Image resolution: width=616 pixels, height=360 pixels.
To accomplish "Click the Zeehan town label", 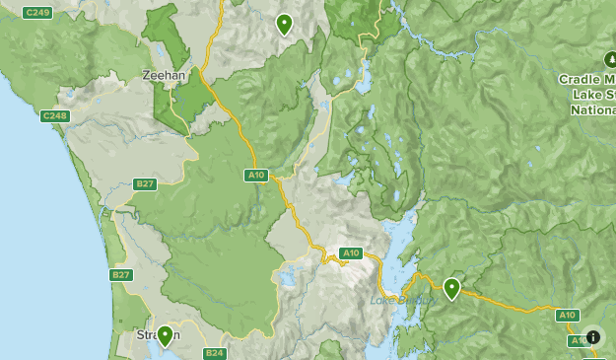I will pyautogui.click(x=163, y=75).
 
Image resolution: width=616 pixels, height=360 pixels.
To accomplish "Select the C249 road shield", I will pyautogui.click(x=37, y=12).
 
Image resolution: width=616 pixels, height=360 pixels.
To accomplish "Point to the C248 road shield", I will pyautogui.click(x=55, y=116).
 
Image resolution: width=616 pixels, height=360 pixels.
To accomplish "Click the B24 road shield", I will pyautogui.click(x=215, y=353).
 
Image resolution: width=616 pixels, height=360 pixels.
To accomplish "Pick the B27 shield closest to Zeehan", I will pyautogui.click(x=146, y=183).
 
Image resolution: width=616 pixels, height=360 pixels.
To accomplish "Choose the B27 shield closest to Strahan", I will pyautogui.click(x=122, y=275).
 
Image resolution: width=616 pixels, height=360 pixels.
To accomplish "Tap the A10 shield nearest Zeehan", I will pyautogui.click(x=256, y=176).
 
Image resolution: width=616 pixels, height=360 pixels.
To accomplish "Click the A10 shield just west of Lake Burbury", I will pyautogui.click(x=351, y=253).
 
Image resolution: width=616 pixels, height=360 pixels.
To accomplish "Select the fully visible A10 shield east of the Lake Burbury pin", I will pyautogui.click(x=567, y=316).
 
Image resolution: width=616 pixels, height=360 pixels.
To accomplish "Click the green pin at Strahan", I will pyautogui.click(x=166, y=336).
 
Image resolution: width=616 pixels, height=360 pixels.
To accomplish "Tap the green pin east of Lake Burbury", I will pyautogui.click(x=451, y=288).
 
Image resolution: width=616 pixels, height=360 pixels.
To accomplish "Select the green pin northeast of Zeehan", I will pyautogui.click(x=284, y=24).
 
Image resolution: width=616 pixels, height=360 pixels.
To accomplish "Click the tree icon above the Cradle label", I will pyautogui.click(x=609, y=58).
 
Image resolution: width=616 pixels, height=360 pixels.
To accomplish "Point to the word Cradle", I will pyautogui.click(x=585, y=79).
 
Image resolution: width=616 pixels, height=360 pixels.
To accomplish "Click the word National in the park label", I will pyautogui.click(x=592, y=110).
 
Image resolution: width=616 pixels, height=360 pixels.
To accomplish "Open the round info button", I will pyautogui.click(x=592, y=336).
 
